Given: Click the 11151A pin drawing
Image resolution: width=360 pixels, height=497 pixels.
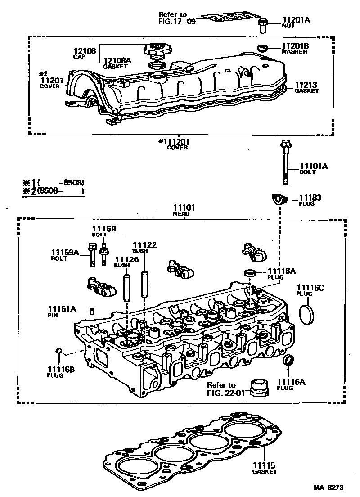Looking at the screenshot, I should tap(92, 311).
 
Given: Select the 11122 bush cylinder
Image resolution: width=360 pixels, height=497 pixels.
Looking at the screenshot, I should tap(144, 284).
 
